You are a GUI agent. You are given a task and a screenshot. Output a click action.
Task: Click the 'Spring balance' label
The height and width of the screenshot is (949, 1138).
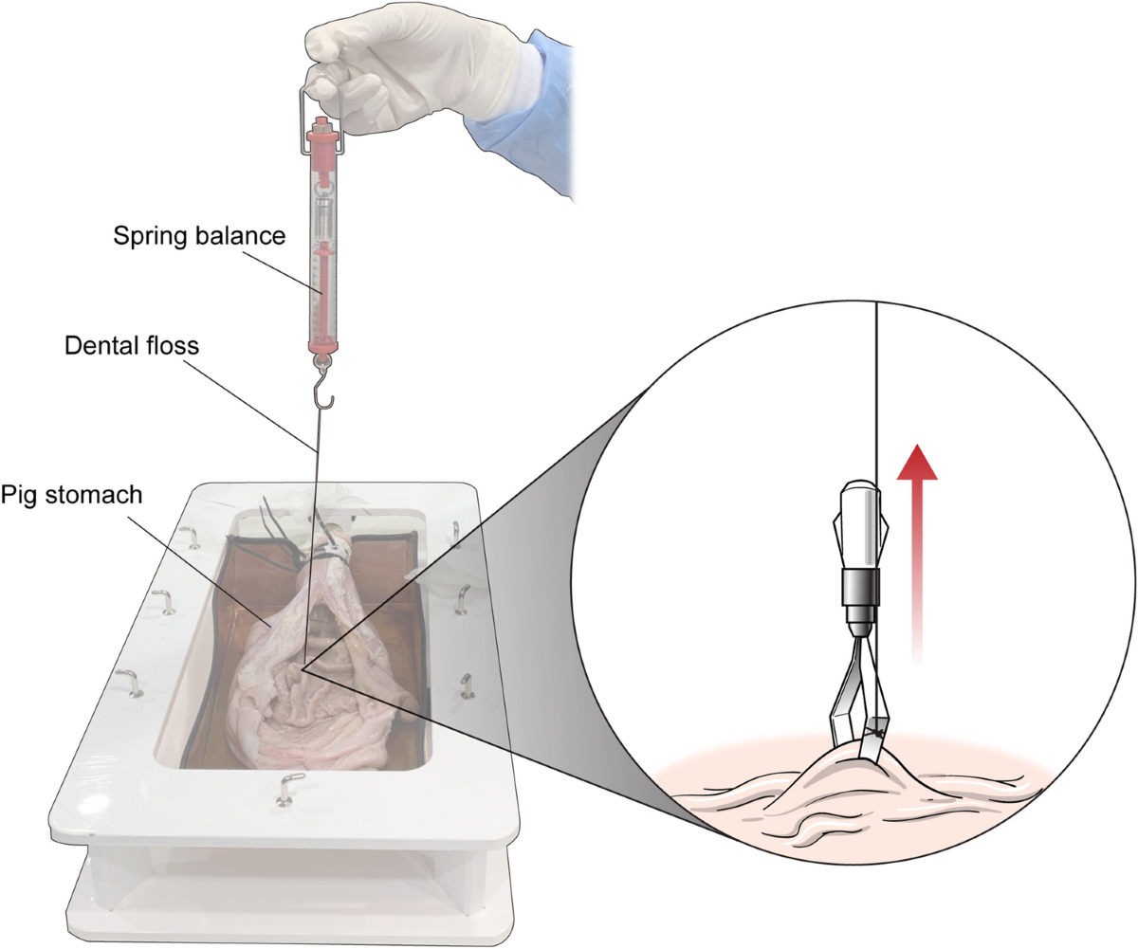pos(199,236)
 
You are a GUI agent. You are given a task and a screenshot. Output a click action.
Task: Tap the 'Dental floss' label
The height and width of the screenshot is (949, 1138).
pos(132,345)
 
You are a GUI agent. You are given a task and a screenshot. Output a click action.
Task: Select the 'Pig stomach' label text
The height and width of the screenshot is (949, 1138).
pos(71,495)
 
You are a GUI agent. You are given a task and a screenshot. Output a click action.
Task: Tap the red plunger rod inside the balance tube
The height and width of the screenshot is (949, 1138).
pos(323,284)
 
